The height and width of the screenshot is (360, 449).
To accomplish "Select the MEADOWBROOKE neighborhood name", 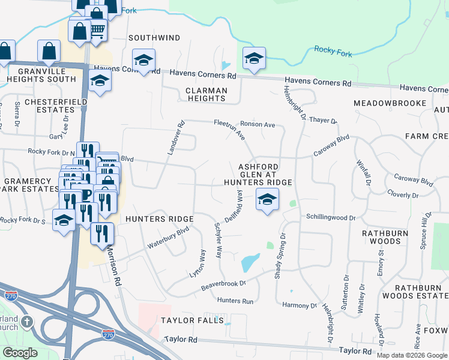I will pos(390,103).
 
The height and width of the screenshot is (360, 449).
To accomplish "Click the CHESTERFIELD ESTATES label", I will pos(56,106).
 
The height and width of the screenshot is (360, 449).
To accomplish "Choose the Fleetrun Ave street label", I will pos(231,130).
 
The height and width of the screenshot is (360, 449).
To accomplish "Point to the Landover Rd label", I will pos(176,138).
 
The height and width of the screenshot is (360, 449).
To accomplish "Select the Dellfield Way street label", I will pos(234,207).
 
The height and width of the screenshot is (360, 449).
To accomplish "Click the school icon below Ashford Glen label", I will pos(267,199).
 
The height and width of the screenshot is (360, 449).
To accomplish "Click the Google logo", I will pos(20,353).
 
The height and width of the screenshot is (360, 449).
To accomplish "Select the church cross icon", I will pos(27,322).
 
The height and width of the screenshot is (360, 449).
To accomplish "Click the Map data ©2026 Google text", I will pos(412,355).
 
